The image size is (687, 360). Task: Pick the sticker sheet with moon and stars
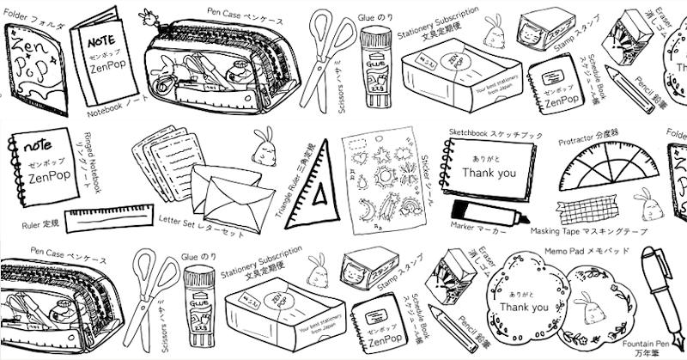click(x=378, y=184)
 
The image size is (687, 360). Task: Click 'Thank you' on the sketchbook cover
click(x=488, y=172)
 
